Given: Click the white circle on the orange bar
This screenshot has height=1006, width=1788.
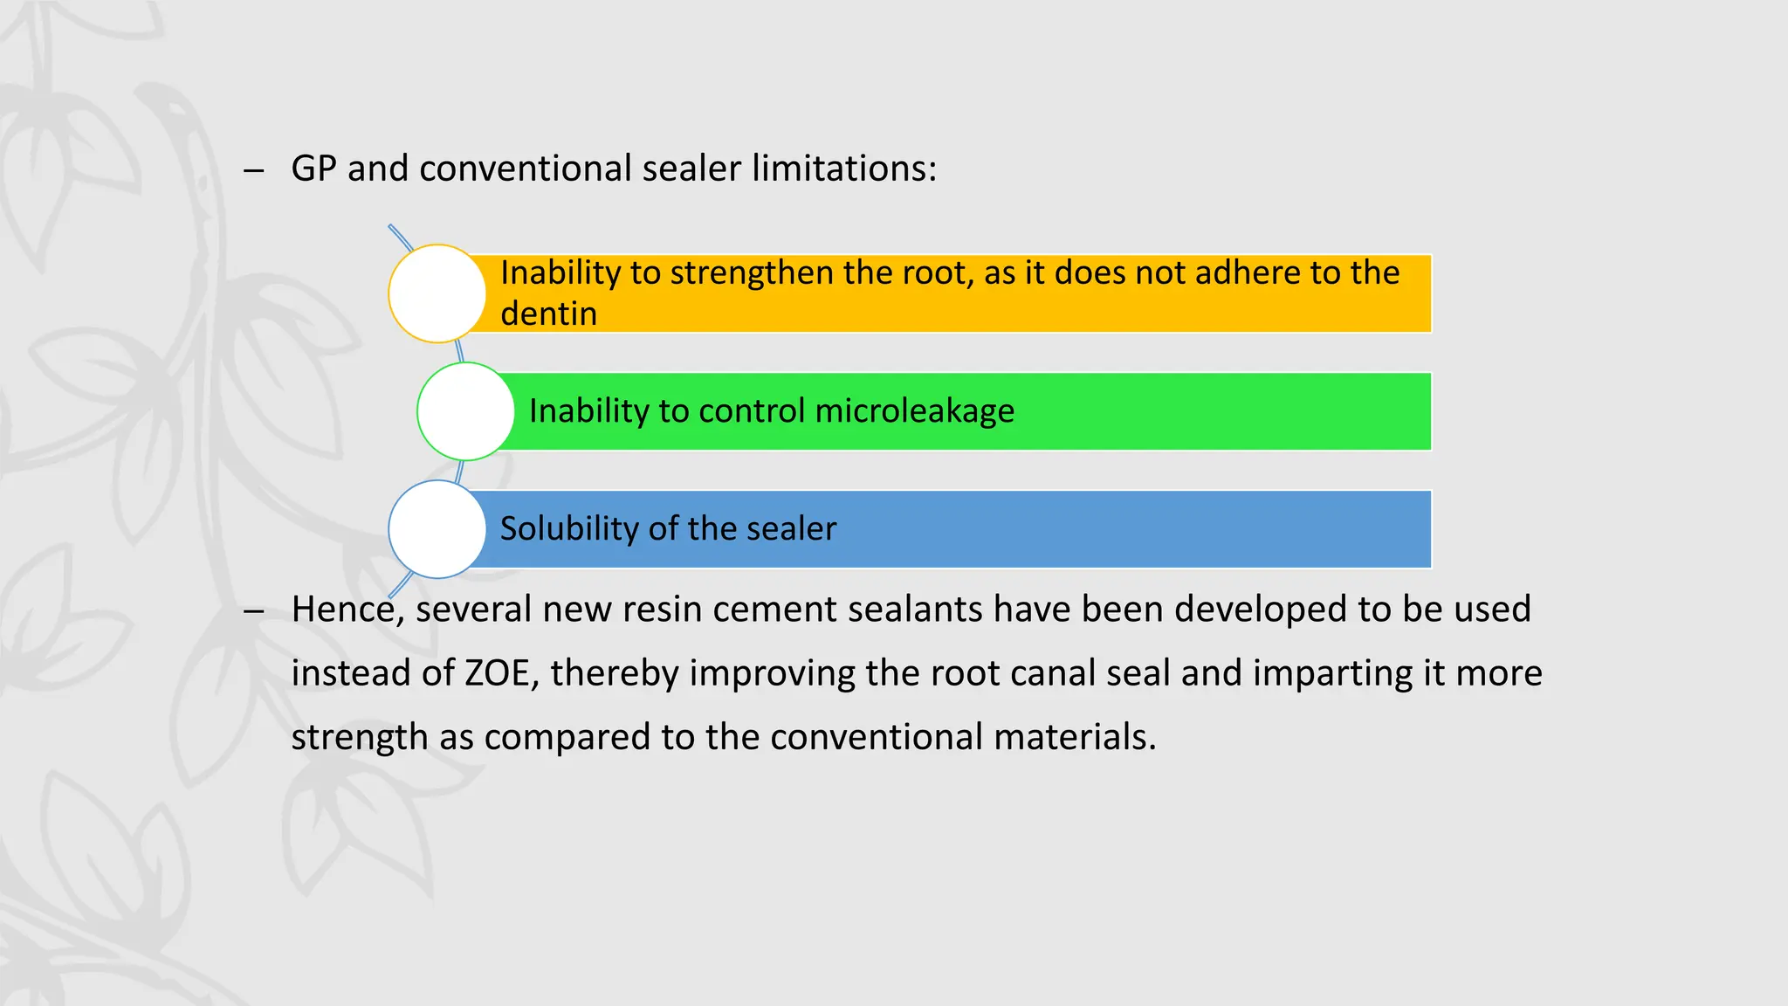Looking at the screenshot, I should pyautogui.click(x=437, y=293).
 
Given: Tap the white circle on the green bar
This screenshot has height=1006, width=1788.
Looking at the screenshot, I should pyautogui.click(x=465, y=411).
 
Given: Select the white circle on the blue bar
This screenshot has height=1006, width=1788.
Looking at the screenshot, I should pyautogui.click(x=437, y=529).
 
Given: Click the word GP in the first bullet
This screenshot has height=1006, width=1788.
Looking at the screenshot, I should pyautogui.click(x=313, y=169).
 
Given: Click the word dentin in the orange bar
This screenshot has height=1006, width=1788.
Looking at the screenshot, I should pyautogui.click(x=548, y=314).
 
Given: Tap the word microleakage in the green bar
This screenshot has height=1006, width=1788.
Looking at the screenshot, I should pyautogui.click(x=914, y=411).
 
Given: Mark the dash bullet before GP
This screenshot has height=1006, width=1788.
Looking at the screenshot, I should pyautogui.click(x=254, y=170).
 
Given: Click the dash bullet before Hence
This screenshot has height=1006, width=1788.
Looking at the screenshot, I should pyautogui.click(x=254, y=611).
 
